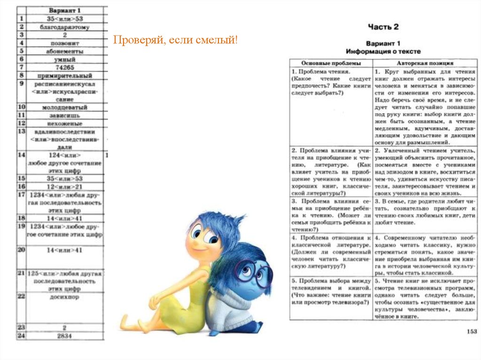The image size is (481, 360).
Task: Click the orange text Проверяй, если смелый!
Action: (175, 41)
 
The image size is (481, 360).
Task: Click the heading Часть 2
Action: (383, 27)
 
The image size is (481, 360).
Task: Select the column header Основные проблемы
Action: (331, 62)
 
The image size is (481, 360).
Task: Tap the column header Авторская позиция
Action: (425, 62)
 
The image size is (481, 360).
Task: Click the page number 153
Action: (472, 331)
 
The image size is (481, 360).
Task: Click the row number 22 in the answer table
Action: (21, 296)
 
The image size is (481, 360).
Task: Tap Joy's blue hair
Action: (221, 225)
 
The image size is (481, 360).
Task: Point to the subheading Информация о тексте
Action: (383, 51)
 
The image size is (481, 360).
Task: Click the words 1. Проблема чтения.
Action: (321, 72)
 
